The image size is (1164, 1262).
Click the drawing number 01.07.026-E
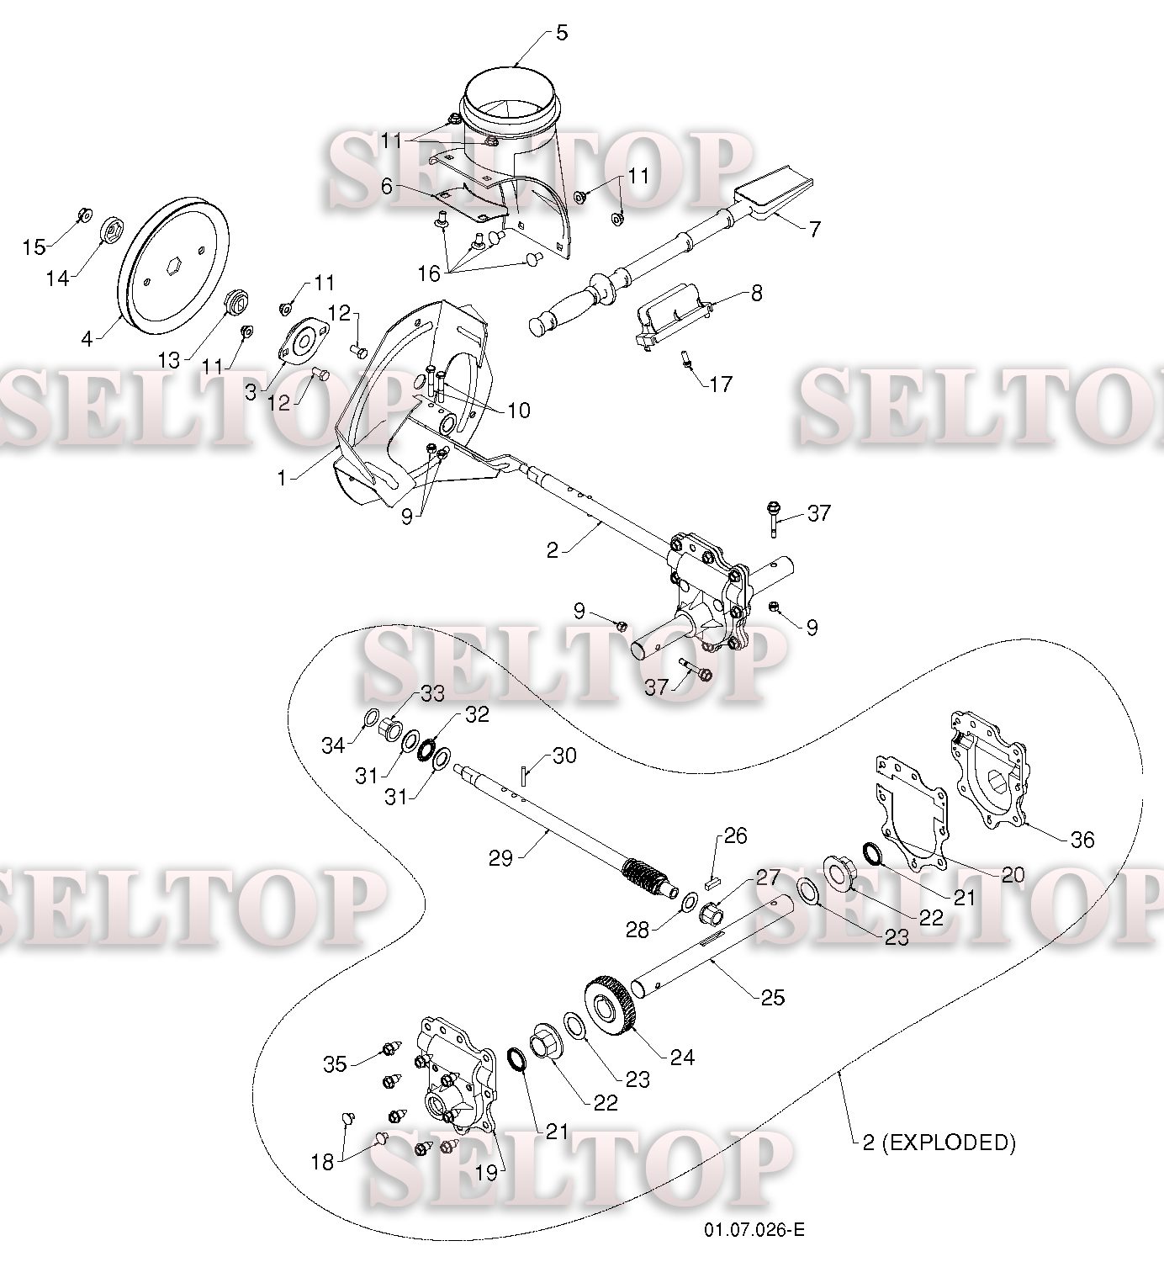coord(754,1229)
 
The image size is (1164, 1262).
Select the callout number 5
coord(562,33)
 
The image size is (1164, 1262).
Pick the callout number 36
coord(1082,840)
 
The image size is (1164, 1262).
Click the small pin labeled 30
coord(523,776)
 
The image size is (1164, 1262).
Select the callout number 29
coord(500,858)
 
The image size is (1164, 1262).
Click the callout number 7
coord(814,229)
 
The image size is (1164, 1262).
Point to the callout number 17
coord(721,384)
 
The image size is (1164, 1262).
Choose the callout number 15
coord(34,247)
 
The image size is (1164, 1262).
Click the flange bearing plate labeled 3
coord(304,342)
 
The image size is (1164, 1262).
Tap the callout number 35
coord(335,1063)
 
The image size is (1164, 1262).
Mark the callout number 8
coord(756,293)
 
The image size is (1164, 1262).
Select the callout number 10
coord(518,411)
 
